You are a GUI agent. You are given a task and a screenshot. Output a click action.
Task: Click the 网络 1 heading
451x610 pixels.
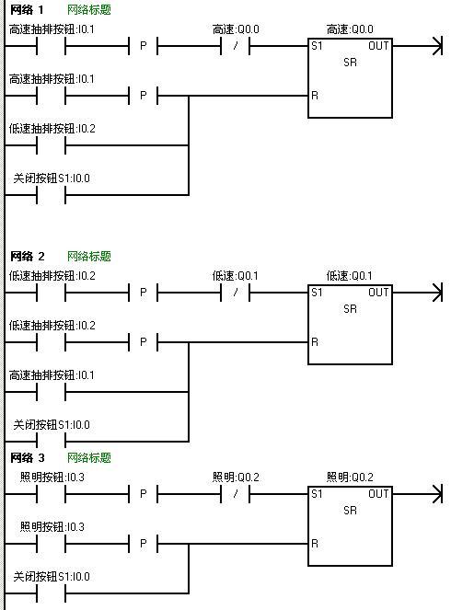pos(27,9)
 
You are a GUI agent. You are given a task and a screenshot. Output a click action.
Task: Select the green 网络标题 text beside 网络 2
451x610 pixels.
pos(89,256)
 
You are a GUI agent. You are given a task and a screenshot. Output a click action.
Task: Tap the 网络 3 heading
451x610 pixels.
pos(28,457)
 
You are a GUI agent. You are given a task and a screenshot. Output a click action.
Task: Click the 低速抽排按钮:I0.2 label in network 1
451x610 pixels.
pos(52,129)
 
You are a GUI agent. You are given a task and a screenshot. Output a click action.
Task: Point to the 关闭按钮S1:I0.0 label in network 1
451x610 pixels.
pos(52,178)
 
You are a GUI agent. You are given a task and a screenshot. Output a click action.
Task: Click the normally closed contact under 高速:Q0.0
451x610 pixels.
pos(235,46)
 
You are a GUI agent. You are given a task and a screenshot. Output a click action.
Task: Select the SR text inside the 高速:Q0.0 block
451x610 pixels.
pos(350,63)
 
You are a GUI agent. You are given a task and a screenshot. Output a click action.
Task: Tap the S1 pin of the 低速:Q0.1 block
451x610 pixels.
pos(317,293)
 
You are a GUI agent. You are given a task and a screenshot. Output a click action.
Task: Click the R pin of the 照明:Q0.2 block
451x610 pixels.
pos(315,544)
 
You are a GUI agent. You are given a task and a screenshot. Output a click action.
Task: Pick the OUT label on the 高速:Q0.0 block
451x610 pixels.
pos(378,46)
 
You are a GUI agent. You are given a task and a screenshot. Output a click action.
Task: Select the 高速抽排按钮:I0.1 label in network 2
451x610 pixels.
pos(52,375)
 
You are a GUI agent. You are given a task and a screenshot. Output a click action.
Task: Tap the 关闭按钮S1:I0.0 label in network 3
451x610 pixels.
pos(52,577)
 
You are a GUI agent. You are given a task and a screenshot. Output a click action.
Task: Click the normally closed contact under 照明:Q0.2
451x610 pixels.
pos(235,494)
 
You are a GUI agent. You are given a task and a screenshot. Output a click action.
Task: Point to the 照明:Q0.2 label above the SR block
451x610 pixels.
pos(350,478)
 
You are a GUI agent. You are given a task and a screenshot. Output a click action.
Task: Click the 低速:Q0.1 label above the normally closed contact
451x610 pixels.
pos(235,276)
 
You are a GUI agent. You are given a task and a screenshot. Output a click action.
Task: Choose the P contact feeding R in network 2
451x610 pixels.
pos(144,342)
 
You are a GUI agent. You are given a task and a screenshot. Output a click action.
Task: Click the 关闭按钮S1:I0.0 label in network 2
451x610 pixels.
pos(52,425)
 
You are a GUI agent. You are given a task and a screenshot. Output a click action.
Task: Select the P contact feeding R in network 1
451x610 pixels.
pos(144,96)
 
